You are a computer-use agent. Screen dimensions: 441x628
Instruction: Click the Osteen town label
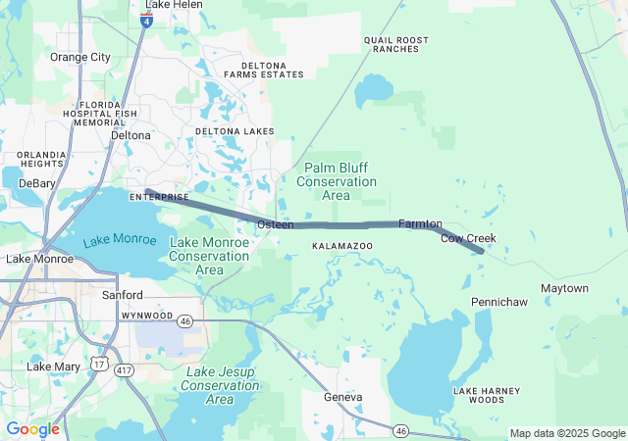tap(275, 225)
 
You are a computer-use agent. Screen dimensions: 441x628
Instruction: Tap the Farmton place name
tap(420, 224)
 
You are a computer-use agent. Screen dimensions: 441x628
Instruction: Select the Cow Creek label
tap(468, 238)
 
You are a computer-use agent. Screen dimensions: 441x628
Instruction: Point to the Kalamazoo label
tap(341, 244)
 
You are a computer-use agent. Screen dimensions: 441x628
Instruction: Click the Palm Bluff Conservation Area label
tap(336, 181)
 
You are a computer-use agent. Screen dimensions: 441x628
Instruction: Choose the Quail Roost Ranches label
tap(396, 44)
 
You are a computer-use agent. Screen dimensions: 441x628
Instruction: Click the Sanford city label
tap(123, 295)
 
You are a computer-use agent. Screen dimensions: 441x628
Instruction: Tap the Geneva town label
tap(343, 397)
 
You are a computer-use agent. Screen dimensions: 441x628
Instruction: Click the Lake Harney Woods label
tap(479, 395)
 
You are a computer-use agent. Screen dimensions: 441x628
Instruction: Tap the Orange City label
tap(80, 57)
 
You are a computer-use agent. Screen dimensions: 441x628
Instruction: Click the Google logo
tap(32, 429)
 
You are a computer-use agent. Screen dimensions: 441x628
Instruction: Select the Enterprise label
tap(158, 197)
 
